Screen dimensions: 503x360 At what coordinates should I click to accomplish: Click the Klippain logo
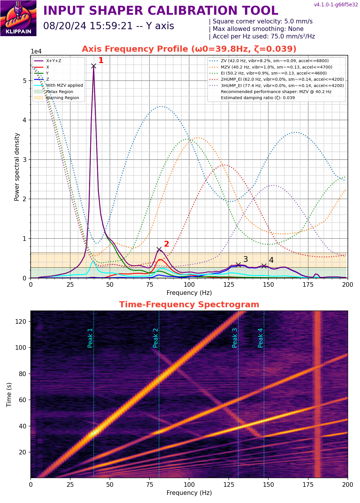point(18,18)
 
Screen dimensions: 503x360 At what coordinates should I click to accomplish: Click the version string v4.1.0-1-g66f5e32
point(336,5)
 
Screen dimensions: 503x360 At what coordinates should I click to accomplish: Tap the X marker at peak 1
point(94,66)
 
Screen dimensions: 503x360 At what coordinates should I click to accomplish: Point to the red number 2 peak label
point(167,244)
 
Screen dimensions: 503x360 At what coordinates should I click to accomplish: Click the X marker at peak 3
point(238,265)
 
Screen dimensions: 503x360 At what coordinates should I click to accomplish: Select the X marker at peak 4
point(264,266)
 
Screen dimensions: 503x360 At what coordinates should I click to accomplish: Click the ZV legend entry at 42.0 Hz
point(275,61)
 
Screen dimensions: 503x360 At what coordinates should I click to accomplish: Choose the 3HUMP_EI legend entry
point(282,86)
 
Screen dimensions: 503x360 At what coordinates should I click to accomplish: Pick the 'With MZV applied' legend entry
point(64,85)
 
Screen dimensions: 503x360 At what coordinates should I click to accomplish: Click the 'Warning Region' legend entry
point(62,98)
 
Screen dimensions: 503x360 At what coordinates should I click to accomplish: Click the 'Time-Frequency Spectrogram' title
point(189,304)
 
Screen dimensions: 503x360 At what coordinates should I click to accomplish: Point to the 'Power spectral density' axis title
point(17,167)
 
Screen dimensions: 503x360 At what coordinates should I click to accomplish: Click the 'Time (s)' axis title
point(9,394)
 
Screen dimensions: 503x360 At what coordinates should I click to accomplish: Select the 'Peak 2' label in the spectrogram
point(155,338)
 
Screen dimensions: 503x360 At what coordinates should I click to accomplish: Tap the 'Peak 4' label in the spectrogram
point(260,338)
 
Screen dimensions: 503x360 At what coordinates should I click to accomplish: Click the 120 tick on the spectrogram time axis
point(21,321)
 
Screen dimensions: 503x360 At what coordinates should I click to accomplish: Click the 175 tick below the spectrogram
point(308,484)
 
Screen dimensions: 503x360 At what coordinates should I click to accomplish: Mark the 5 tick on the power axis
point(25,81)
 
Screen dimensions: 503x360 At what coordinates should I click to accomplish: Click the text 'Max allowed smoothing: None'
point(258,29)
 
